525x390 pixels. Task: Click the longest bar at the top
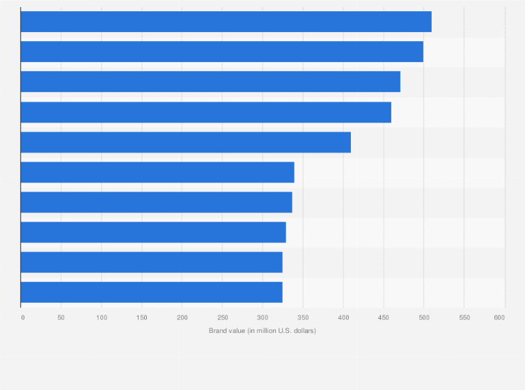pyautogui.click(x=226, y=22)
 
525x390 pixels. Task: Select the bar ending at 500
pyautogui.click(x=221, y=52)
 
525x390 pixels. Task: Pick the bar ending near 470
pyautogui.click(x=210, y=81)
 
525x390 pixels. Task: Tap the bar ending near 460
pyautogui.click(x=205, y=112)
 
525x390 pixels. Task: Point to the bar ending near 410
pyautogui.click(x=185, y=142)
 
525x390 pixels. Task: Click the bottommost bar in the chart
pyautogui.click(x=151, y=292)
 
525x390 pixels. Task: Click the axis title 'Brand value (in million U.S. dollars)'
pyautogui.click(x=262, y=330)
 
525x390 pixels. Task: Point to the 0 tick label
pyautogui.click(x=22, y=318)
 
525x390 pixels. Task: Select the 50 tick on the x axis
pyautogui.click(x=61, y=318)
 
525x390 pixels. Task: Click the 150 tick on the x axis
pyautogui.click(x=141, y=318)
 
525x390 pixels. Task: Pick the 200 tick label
pyautogui.click(x=182, y=318)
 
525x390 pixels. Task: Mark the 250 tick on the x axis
pyautogui.click(x=222, y=318)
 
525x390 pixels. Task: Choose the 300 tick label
pyautogui.click(x=262, y=318)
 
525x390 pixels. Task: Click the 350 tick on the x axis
pyautogui.click(x=302, y=318)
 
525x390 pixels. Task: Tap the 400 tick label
pyautogui.click(x=343, y=318)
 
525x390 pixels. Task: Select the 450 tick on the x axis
pyautogui.click(x=383, y=318)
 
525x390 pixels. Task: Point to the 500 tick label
pyautogui.click(x=423, y=318)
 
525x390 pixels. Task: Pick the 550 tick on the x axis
pyautogui.click(x=464, y=318)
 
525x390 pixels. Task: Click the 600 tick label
pyautogui.click(x=499, y=318)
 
